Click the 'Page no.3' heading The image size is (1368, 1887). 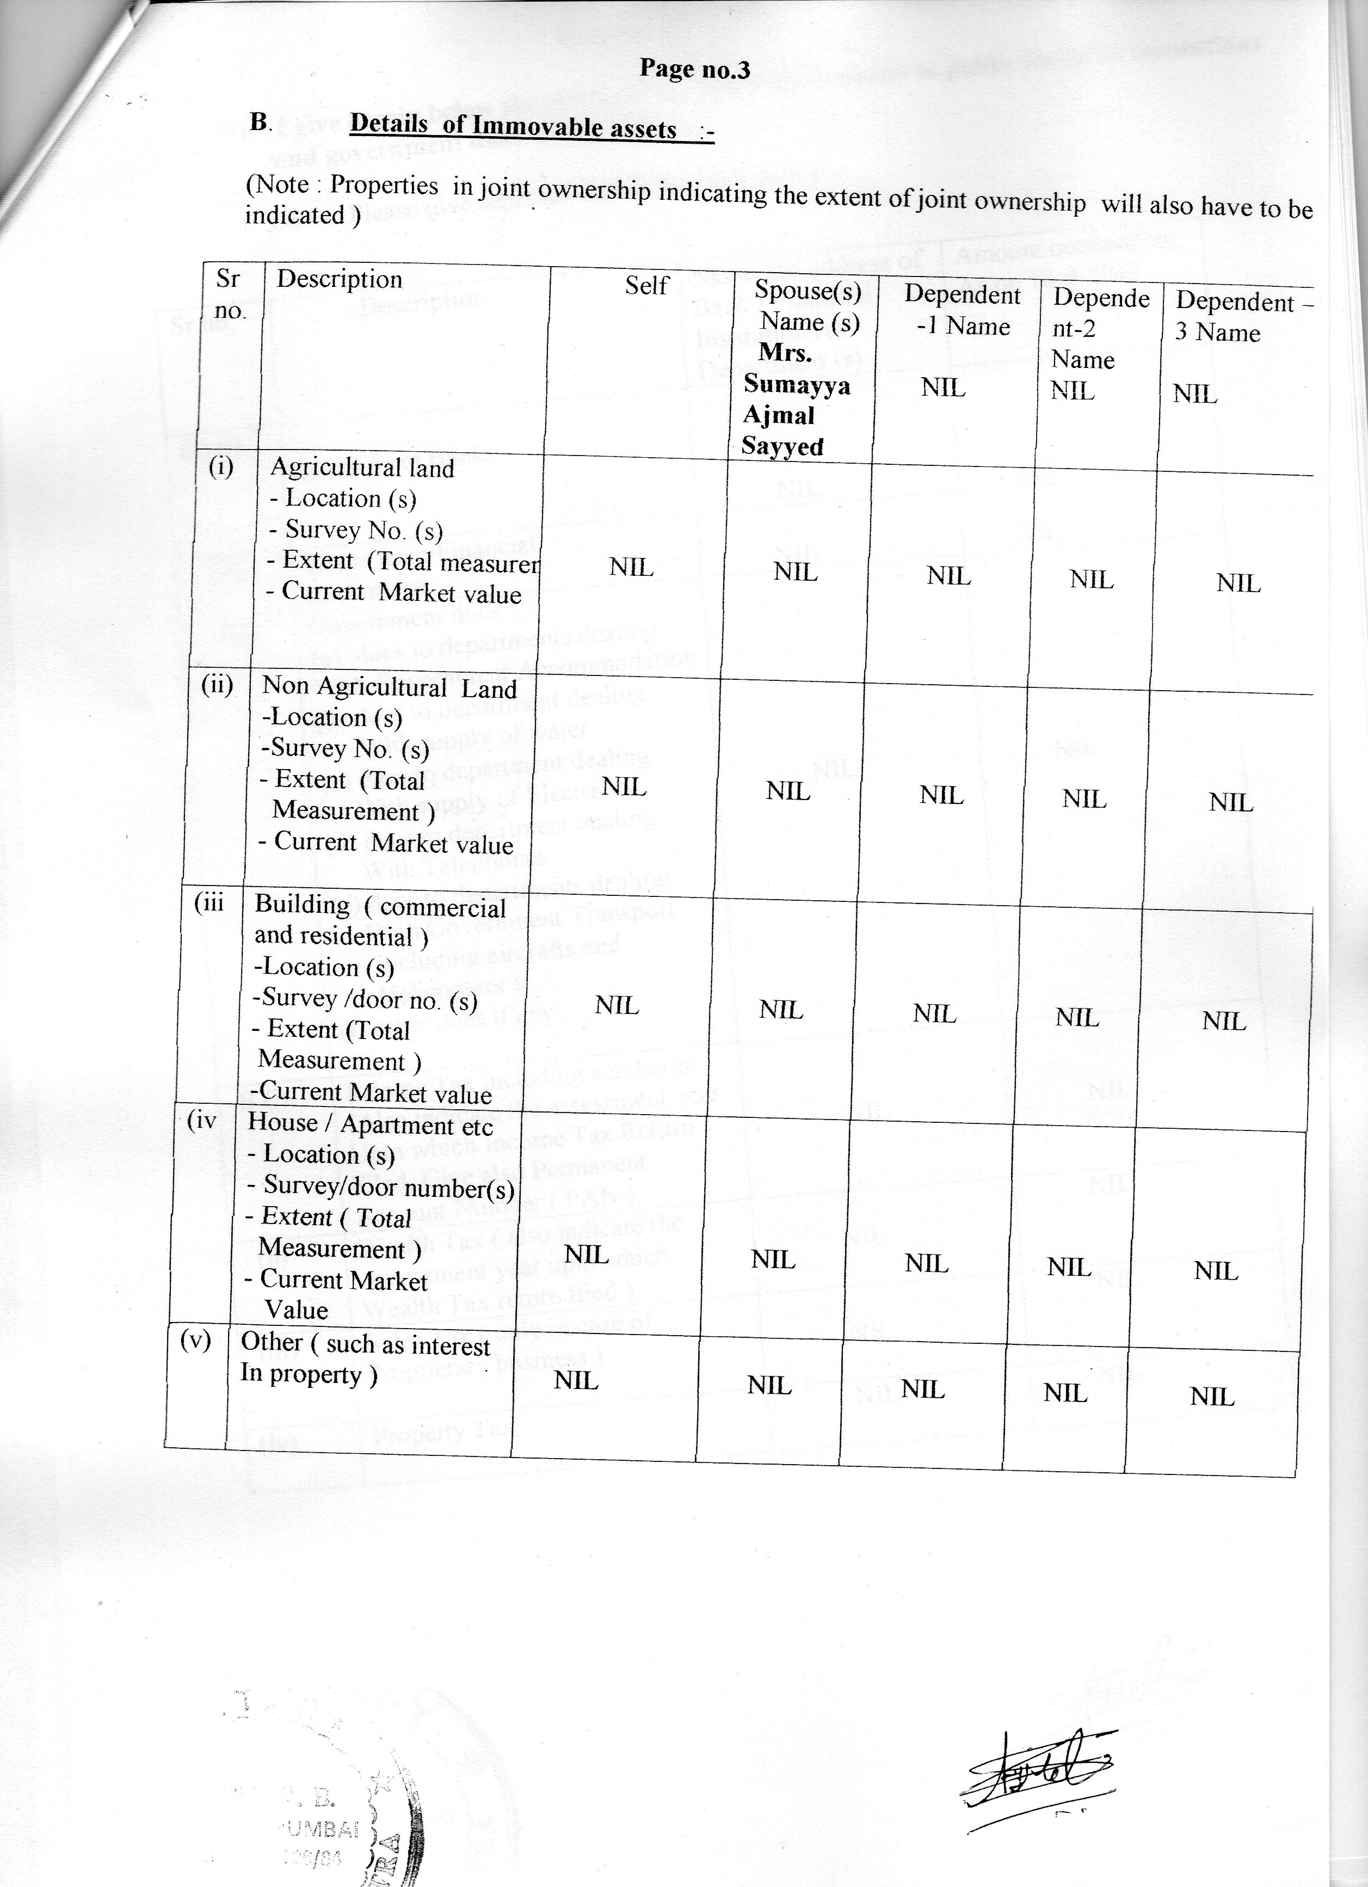coord(694,69)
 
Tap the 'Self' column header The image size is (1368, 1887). coord(646,285)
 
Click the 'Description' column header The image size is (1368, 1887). coord(340,280)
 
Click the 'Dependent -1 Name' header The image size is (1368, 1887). coord(962,310)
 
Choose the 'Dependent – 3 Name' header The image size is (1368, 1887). coord(1241,317)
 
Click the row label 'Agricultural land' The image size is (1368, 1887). coord(362,468)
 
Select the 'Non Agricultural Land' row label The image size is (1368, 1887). coord(389,687)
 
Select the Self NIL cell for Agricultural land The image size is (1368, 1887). coord(631,568)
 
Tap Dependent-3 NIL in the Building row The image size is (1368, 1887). coord(1224,1021)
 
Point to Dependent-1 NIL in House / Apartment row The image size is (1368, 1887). coord(926,1264)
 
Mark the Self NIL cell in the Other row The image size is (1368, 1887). coord(576,1381)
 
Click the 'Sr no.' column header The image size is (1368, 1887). coord(230,294)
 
